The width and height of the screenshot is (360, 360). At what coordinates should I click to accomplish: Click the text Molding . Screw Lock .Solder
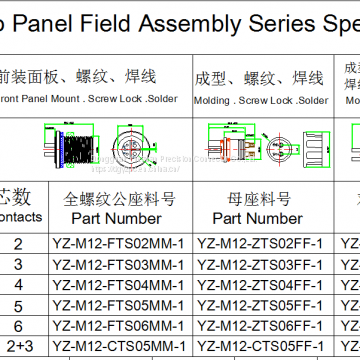click(262, 100)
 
